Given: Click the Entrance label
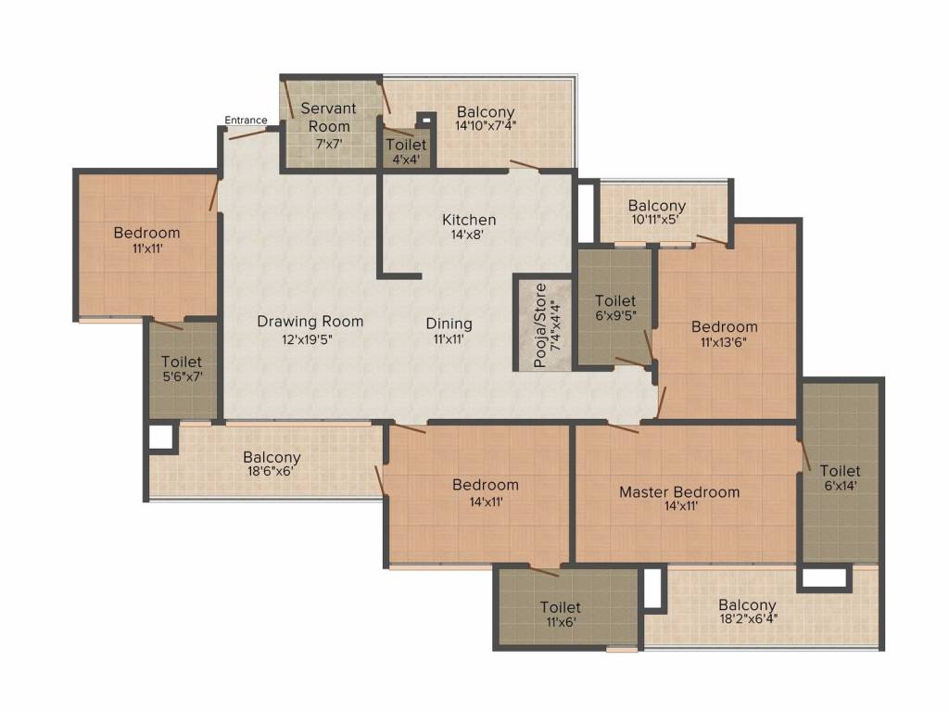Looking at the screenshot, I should coord(246,121).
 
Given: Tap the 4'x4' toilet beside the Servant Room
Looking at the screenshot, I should coord(405,151).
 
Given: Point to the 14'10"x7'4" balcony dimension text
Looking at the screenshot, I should coord(486,125).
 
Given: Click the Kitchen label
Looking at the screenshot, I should coord(468,220).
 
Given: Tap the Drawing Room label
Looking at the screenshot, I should coord(310,322).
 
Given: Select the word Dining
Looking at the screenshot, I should coord(449,324).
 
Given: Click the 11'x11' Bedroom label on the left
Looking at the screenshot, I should coord(146,233).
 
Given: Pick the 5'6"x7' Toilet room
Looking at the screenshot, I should coord(182,369).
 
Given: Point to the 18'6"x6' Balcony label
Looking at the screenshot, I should coord(272,458).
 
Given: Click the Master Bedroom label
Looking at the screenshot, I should coord(679,491).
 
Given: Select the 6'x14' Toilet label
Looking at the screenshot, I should coord(840,471).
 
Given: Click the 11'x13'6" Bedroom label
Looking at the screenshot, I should coord(724,326).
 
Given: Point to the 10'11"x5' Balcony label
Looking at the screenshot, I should coord(656,206).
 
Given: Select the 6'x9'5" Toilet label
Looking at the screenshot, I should coord(615,300).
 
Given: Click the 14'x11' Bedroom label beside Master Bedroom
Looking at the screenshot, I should coord(485,485).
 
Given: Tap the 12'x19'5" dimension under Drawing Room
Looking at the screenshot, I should coord(310,338).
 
